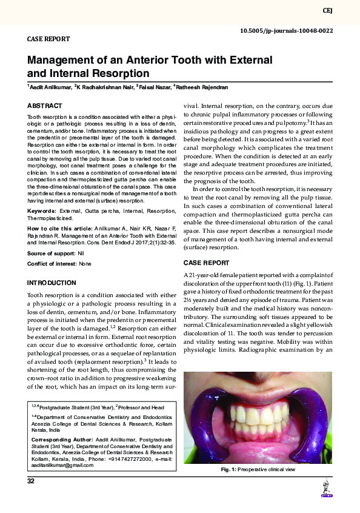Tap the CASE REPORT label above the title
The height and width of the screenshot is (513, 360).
point(48,39)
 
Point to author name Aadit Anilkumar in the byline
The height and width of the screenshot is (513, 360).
point(49,87)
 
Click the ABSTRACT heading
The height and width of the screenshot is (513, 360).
point(44,105)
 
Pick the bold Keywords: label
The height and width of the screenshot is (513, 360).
point(41,211)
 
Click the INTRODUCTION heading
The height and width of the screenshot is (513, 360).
point(52,283)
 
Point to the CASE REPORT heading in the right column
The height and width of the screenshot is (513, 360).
point(206,263)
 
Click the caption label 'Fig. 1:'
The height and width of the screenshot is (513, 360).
point(228,470)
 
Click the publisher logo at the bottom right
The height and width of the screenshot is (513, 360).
point(327,490)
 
